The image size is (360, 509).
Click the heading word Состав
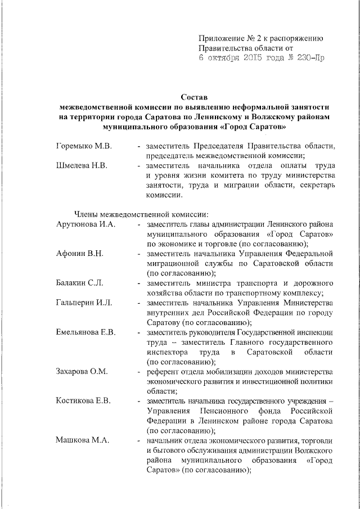[x=196, y=97]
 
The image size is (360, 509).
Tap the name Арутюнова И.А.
[x=85, y=224]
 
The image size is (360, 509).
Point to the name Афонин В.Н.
[x=80, y=254]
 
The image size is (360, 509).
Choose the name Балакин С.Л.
[x=80, y=283]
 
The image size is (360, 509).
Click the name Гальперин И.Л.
[x=84, y=303]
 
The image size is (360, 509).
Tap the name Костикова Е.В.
[x=83, y=400]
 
